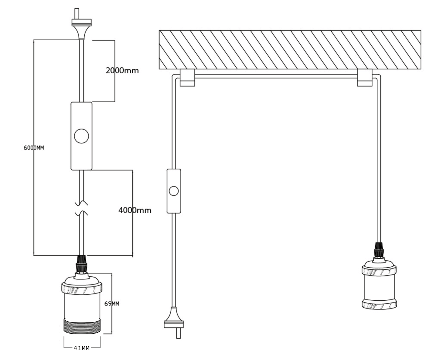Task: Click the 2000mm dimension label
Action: [x=122, y=71]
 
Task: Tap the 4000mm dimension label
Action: [x=135, y=210]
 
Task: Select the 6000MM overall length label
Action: [x=34, y=148]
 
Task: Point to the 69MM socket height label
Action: [x=112, y=304]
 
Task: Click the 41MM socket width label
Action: [x=81, y=348]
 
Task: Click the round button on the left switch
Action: [x=81, y=136]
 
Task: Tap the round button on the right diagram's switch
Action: [x=174, y=191]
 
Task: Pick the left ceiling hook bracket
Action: [x=187, y=78]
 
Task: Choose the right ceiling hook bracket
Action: [x=364, y=78]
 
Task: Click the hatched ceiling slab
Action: [x=290, y=49]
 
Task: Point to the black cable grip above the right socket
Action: [x=379, y=250]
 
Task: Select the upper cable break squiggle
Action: [x=81, y=204]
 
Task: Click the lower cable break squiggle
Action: [x=81, y=213]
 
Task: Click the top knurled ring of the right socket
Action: [x=379, y=271]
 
